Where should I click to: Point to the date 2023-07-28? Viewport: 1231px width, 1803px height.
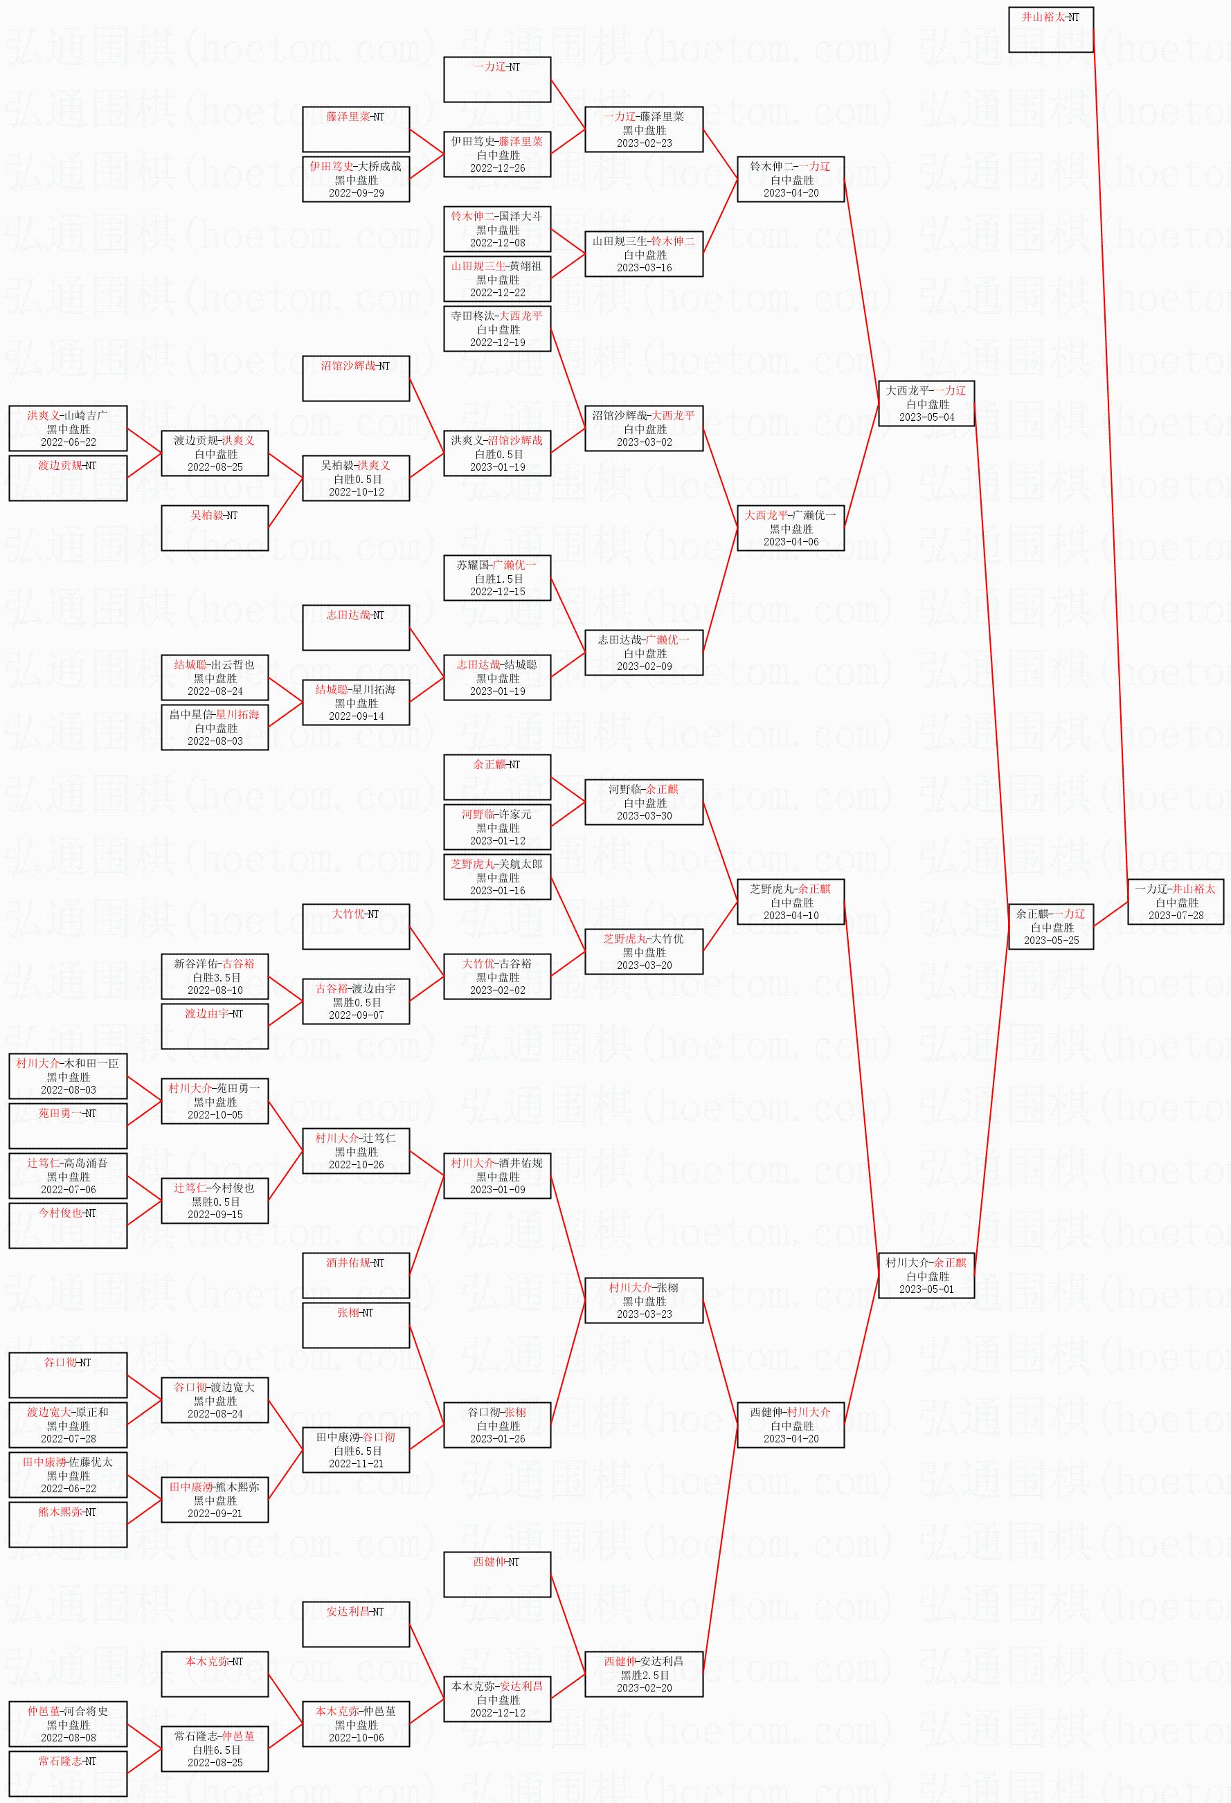[1175, 916]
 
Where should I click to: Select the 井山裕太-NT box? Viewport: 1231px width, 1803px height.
[1050, 30]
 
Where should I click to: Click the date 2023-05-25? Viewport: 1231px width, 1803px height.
[1050, 941]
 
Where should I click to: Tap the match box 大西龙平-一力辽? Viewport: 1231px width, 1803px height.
[926, 404]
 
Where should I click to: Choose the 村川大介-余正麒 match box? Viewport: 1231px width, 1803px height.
[926, 1276]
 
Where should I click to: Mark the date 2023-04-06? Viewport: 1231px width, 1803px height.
[790, 541]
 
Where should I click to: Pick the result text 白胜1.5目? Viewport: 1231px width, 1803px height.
[498, 579]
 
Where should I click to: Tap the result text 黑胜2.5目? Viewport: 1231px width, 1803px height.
[644, 1675]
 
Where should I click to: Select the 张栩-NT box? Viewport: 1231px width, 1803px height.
[355, 1325]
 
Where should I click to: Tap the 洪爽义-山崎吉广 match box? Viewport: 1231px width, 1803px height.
[68, 428]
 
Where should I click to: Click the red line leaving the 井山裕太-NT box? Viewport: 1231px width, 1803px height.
[1110, 466]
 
